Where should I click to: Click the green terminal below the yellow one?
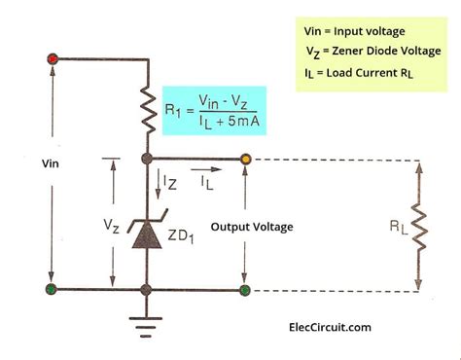click(246, 289)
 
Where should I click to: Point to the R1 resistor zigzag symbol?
click(147, 109)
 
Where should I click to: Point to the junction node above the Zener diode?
click(147, 158)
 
